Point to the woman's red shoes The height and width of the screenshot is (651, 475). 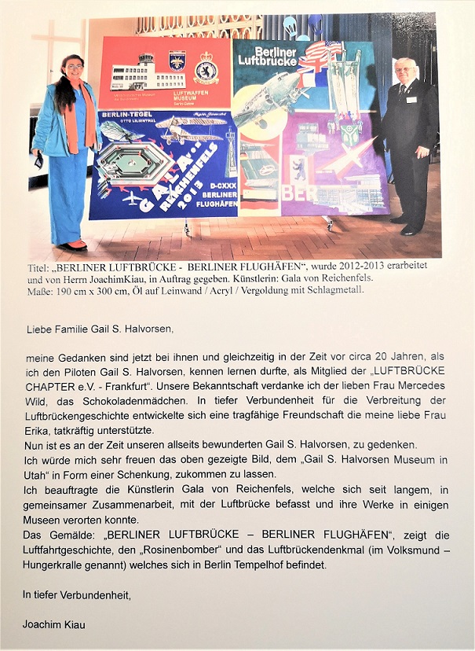pos(74,245)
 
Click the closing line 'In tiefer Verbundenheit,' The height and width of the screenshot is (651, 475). pos(76,594)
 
